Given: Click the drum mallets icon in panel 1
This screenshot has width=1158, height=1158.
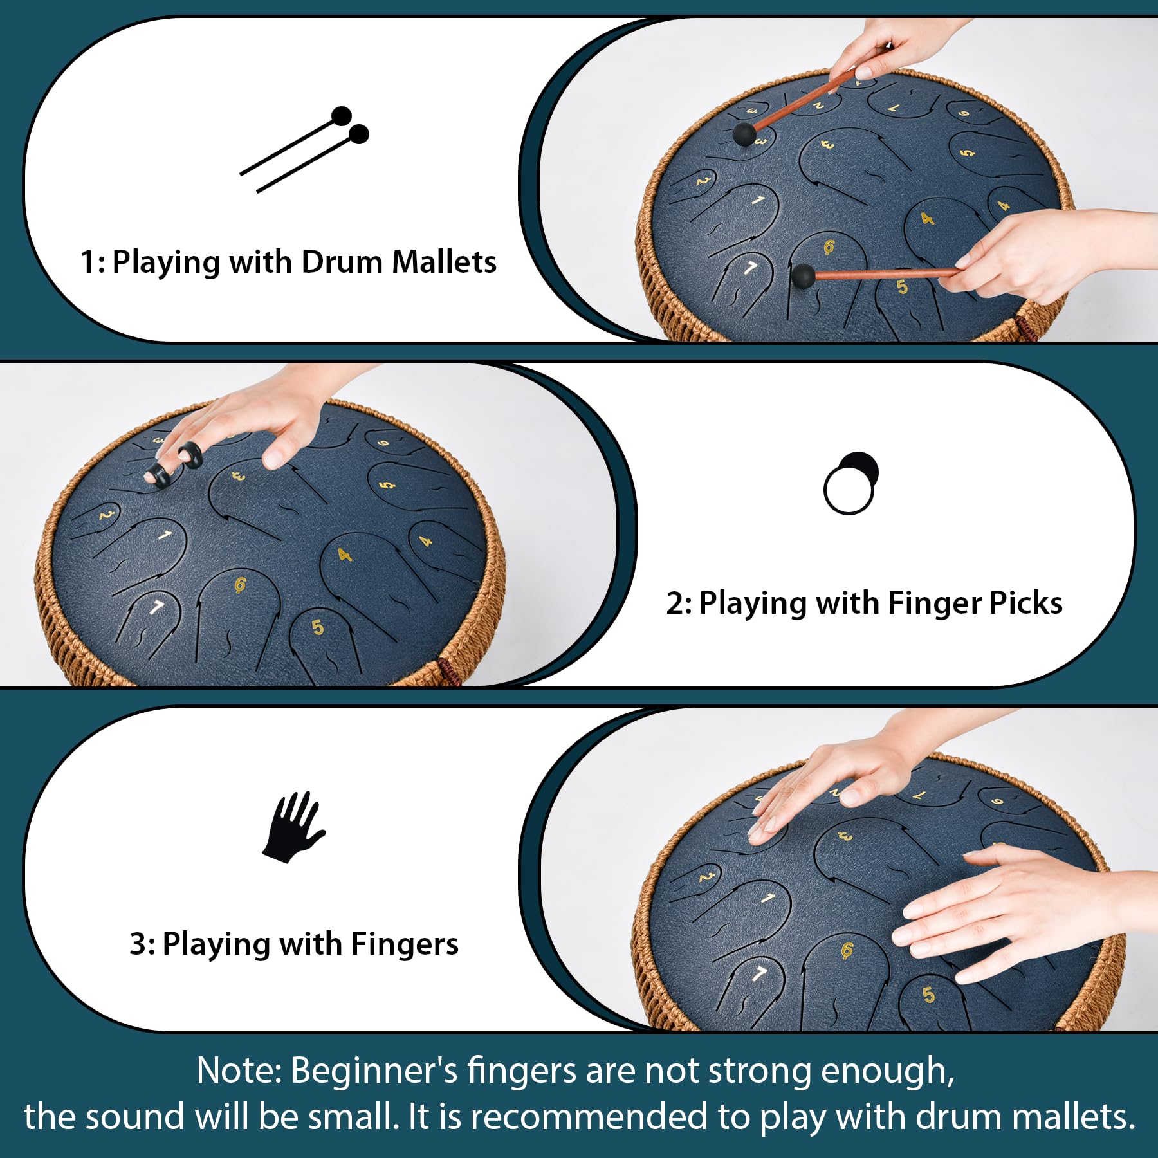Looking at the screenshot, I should tap(304, 149).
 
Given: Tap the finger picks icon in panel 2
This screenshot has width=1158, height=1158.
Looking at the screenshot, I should tap(850, 482).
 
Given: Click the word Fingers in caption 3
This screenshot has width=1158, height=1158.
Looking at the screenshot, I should tap(405, 944).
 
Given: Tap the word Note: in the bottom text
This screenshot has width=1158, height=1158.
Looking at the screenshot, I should tap(239, 1071).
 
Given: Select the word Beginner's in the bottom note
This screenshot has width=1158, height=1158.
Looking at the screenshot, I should tap(374, 1071).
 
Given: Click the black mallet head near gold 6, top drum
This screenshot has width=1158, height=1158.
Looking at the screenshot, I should tap(803, 275).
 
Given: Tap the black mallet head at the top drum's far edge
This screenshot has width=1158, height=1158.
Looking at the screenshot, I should tap(744, 134).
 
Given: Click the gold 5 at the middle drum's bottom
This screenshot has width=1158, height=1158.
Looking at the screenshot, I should tap(317, 627).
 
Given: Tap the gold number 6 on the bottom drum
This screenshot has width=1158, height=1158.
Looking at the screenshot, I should tap(847, 950).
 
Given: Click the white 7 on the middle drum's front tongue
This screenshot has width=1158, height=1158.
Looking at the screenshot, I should tap(157, 607).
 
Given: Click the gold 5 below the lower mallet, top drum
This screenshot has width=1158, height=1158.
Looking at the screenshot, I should tap(902, 287).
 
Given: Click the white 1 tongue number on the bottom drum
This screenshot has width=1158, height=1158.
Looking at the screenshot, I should tap(767, 898).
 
